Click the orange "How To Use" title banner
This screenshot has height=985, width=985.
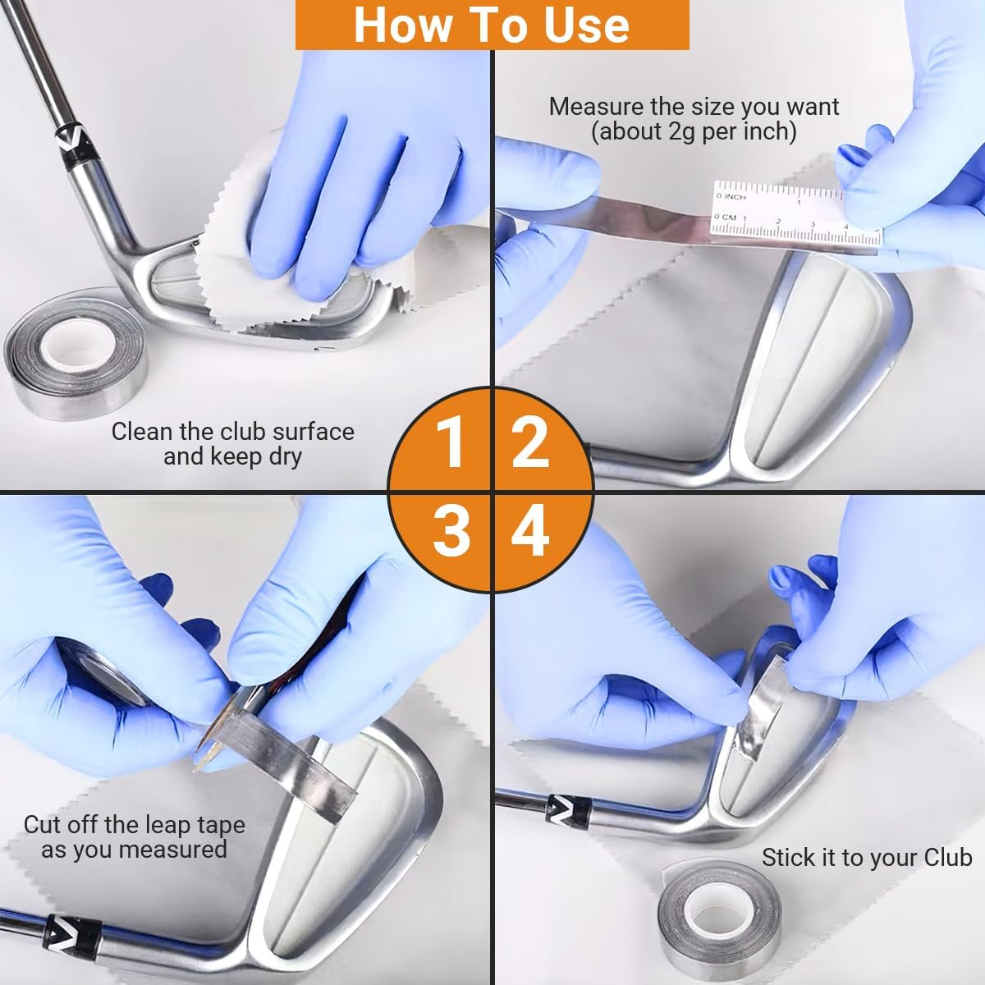(x=492, y=25)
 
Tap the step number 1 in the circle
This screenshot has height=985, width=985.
(x=450, y=442)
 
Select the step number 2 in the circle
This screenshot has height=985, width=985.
(x=529, y=442)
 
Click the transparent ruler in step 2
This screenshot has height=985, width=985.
(x=795, y=214)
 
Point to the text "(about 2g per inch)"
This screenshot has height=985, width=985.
(x=694, y=132)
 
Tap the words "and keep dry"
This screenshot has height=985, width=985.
(x=232, y=456)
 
